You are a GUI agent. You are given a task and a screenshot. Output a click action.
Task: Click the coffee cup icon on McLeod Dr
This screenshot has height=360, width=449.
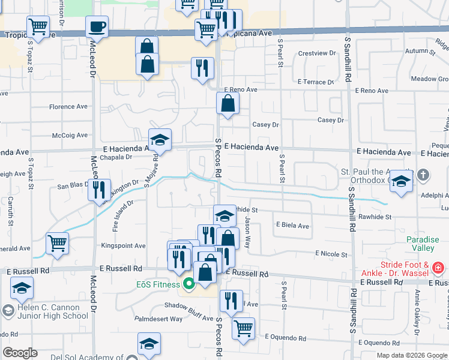click(x=97, y=27)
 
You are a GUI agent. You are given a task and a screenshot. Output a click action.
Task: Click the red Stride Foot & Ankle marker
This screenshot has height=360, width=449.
click(x=439, y=268)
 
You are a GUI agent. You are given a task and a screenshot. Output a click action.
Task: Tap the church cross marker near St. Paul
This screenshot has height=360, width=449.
click(x=423, y=176)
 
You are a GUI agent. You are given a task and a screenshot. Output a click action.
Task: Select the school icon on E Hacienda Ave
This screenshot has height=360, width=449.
click(x=160, y=140)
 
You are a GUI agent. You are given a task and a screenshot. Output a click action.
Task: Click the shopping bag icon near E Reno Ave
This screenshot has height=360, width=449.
click(x=228, y=103)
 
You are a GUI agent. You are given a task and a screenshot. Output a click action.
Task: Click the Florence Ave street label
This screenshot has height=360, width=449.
click(x=68, y=107)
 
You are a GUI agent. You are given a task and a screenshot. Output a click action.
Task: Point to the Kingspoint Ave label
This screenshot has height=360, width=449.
click(x=123, y=246)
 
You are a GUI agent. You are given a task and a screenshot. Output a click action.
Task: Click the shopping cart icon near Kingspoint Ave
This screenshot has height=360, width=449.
click(x=57, y=243)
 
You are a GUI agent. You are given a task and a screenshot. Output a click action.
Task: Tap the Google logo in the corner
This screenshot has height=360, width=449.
click(x=20, y=353)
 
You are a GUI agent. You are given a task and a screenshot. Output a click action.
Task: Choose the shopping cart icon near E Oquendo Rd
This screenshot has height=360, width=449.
click(x=243, y=328)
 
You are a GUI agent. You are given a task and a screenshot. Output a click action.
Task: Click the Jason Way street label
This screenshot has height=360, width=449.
click(x=255, y=229)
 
